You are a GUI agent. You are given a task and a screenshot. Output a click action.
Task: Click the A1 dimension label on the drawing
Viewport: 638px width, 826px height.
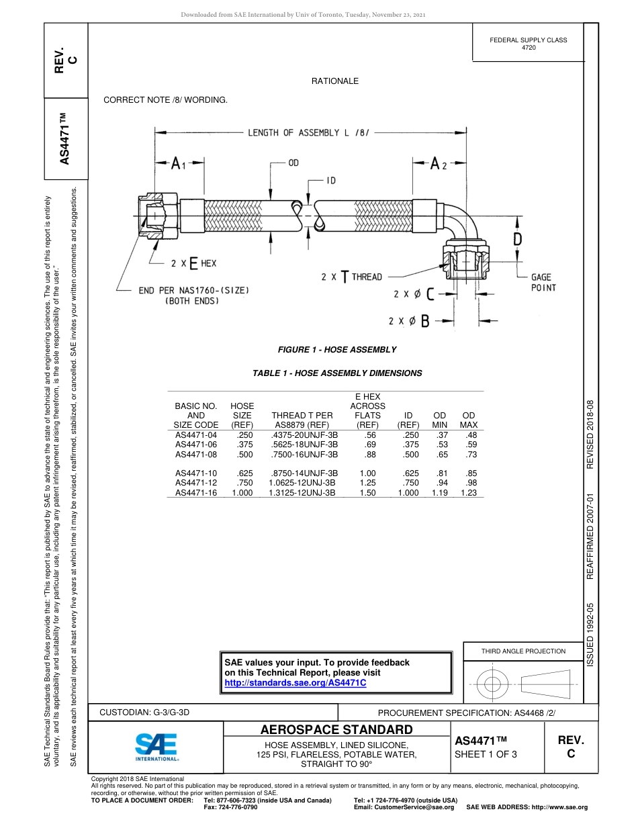(178, 164)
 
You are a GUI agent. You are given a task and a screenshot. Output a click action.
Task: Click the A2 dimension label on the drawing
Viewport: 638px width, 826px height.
(438, 164)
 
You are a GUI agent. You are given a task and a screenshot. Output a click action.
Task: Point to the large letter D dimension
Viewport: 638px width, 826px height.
(518, 239)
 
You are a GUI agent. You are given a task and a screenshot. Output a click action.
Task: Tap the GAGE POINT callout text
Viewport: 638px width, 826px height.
(543, 282)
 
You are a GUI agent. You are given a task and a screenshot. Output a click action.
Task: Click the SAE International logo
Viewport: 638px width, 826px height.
(156, 746)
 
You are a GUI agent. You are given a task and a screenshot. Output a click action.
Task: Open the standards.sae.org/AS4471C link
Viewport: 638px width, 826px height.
(295, 683)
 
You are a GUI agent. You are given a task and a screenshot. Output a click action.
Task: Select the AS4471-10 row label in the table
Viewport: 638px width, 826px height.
(196, 473)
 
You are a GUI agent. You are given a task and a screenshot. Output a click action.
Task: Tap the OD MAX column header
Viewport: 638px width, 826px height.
(469, 420)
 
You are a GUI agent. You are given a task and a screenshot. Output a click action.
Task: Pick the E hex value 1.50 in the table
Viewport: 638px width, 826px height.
(367, 493)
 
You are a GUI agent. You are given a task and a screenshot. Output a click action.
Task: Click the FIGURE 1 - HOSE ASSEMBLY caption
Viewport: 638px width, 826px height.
(337, 350)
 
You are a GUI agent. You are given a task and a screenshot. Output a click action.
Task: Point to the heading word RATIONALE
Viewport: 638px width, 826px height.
(335, 81)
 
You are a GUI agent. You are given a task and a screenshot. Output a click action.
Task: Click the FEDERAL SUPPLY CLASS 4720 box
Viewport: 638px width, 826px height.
(529, 44)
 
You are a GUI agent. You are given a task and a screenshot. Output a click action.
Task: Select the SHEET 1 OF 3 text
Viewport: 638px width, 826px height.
(486, 754)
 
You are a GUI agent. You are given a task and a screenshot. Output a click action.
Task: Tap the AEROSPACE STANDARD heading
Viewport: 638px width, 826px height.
(336, 730)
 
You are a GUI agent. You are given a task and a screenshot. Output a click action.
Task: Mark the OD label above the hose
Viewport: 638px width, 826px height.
(293, 163)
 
